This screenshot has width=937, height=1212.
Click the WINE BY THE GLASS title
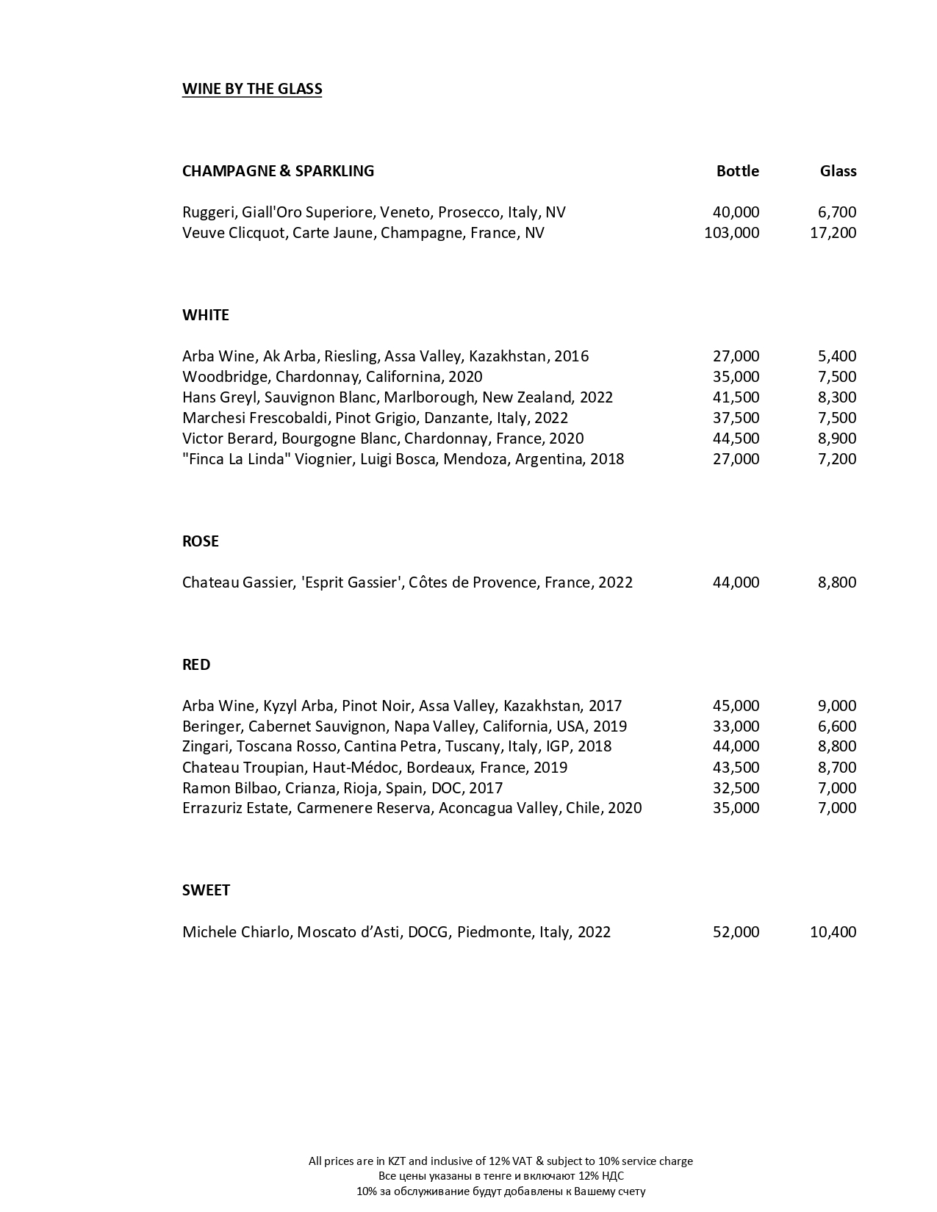point(252,89)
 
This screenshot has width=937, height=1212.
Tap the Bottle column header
point(737,171)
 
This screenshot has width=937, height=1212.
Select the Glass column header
point(838,171)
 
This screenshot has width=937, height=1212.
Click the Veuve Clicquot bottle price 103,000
point(731,233)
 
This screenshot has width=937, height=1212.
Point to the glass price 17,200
point(833,233)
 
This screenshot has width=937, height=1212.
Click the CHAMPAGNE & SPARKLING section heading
point(278,171)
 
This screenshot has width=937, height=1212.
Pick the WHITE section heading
point(206,315)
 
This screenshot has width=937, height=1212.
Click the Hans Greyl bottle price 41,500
point(736,397)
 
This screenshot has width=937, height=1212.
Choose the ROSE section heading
point(201,541)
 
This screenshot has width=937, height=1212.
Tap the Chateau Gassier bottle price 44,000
point(736,582)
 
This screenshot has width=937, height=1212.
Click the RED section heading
point(196,665)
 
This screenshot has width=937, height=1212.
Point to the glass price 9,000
point(837,706)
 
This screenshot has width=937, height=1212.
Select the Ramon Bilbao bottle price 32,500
point(736,788)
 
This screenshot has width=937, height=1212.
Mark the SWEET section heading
point(206,890)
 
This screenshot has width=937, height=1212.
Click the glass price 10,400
point(833,932)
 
